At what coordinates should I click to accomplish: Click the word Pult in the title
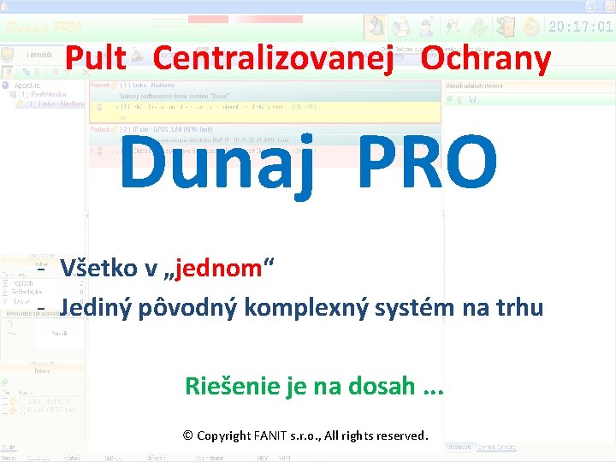pos(96,59)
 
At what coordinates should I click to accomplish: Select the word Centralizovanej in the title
pos(273,59)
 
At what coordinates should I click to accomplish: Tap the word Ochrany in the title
pos(486,59)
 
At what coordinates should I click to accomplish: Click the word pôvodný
pos(188,306)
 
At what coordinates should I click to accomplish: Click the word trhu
pos(517,306)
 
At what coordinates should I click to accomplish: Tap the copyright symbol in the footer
pos(187,435)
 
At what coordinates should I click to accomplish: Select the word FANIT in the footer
pos(272,435)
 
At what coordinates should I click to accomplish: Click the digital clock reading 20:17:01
pos(580,27)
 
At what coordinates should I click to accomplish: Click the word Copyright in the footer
pos(224,435)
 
